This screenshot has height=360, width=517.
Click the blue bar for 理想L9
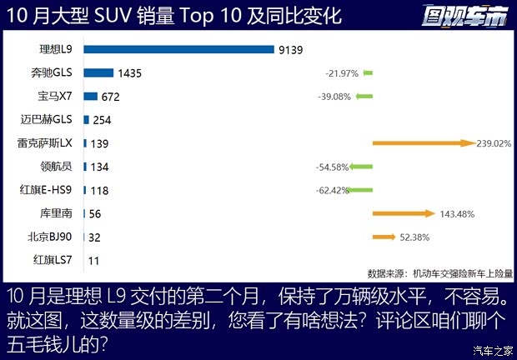click(178, 49)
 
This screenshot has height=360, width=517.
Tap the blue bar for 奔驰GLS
click(98, 72)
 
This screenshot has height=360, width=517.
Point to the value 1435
click(130, 73)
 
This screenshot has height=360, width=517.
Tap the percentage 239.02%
click(493, 143)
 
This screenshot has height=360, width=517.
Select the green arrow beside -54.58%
click(360, 167)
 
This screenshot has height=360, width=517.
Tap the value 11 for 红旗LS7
click(94, 261)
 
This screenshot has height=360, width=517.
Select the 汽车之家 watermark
click(492, 349)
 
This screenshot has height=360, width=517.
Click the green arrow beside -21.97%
click(368, 73)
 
